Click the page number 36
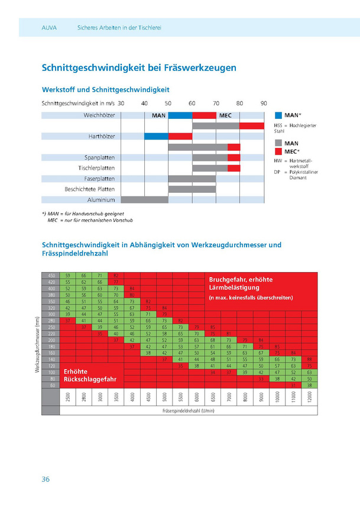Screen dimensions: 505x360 tap(45, 479)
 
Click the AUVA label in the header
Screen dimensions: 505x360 tap(50, 27)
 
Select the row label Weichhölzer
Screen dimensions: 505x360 tap(99, 115)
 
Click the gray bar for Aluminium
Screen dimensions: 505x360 tap(144, 200)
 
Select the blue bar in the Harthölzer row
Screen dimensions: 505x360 tap(156, 136)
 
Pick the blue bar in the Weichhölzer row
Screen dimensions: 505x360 tap(180, 115)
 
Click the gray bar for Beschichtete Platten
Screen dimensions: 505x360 tap(192, 189)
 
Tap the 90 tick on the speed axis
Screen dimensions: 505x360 tap(264, 103)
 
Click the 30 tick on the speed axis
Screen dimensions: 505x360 tap(121, 103)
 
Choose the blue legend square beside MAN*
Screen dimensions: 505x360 tap(278, 114)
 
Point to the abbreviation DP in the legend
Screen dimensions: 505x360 tap(277, 171)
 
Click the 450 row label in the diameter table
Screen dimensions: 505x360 tap(51, 276)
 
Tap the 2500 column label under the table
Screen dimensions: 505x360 tap(69, 399)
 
